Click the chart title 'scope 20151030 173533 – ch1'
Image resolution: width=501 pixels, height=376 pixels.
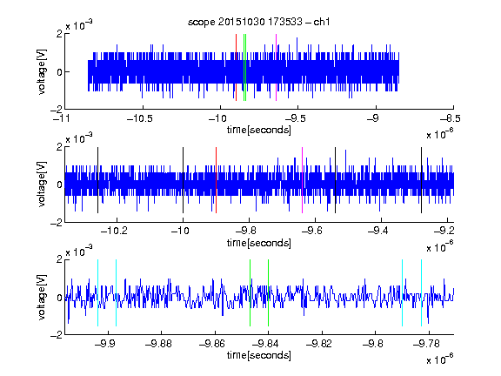click(259, 22)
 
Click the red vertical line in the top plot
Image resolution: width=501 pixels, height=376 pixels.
click(236, 68)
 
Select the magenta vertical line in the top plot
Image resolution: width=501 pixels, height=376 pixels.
click(276, 68)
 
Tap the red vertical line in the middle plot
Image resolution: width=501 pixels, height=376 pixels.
click(216, 180)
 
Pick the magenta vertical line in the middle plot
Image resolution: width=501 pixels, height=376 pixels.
click(303, 180)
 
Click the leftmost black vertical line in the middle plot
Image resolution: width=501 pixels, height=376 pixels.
click(97, 180)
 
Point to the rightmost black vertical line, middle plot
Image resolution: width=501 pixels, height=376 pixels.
click(421, 180)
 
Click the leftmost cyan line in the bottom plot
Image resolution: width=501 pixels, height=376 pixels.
click(97, 292)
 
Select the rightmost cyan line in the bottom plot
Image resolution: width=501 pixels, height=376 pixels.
click(421, 292)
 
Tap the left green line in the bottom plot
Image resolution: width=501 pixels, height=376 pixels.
click(250, 292)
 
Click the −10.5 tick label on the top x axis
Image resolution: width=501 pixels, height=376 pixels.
click(140, 118)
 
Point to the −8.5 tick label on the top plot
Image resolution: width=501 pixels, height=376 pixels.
click(451, 118)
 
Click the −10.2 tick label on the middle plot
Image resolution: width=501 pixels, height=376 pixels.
click(114, 230)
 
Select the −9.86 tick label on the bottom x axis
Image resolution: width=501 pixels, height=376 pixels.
click(212, 344)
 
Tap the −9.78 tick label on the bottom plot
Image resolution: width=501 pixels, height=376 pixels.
click(426, 344)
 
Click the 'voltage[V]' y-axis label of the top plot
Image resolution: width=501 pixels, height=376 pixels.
click(42, 71)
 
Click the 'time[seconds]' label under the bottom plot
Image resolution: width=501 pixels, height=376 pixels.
click(259, 355)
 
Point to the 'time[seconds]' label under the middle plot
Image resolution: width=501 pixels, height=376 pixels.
click(259, 243)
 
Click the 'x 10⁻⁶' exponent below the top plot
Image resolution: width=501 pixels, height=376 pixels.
click(440, 134)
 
